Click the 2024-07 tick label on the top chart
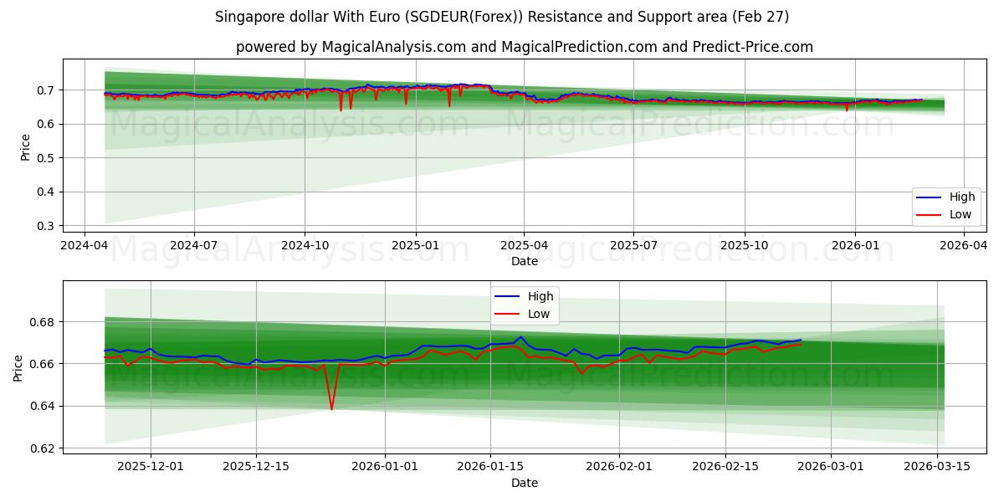[194, 246]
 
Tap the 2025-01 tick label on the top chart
[415, 246]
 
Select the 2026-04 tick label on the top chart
[964, 246]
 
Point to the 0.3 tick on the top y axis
[47, 226]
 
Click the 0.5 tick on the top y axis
[47, 158]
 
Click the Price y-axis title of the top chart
[25, 147]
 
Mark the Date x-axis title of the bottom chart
[525, 483]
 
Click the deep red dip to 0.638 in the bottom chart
[331, 409]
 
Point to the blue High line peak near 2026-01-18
[520, 337]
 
